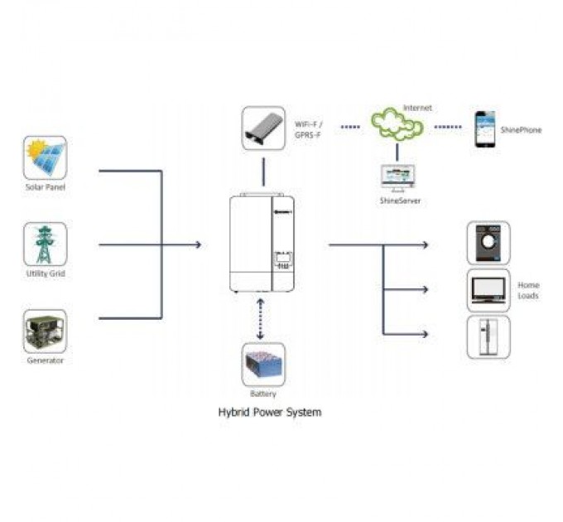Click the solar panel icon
[45, 157]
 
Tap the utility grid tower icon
[45, 244]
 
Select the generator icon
[45, 331]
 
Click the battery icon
[263, 364]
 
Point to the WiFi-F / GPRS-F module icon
[263, 128]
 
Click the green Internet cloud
[397, 125]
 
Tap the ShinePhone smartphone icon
[484, 129]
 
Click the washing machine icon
[488, 243]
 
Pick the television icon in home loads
[488, 289]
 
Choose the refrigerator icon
[488, 336]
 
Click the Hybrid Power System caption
[269, 412]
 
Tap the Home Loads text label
[528, 290]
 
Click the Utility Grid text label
[46, 273]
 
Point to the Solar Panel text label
[45, 187]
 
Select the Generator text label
[45, 360]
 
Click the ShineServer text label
[398, 201]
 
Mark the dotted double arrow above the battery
[262, 318]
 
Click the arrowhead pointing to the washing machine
[425, 245]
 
